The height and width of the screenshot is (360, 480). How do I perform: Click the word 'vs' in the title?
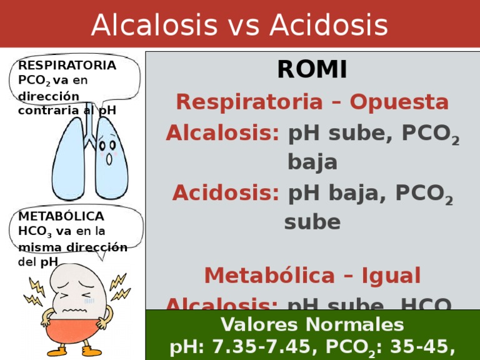tap(246, 25)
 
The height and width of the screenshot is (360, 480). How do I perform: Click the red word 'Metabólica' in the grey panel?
tap(259, 275)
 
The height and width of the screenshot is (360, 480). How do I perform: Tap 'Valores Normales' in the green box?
tap(312, 324)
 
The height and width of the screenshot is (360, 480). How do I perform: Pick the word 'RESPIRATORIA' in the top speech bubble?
tap(67, 66)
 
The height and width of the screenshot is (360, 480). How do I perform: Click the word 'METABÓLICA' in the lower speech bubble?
tap(62, 216)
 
